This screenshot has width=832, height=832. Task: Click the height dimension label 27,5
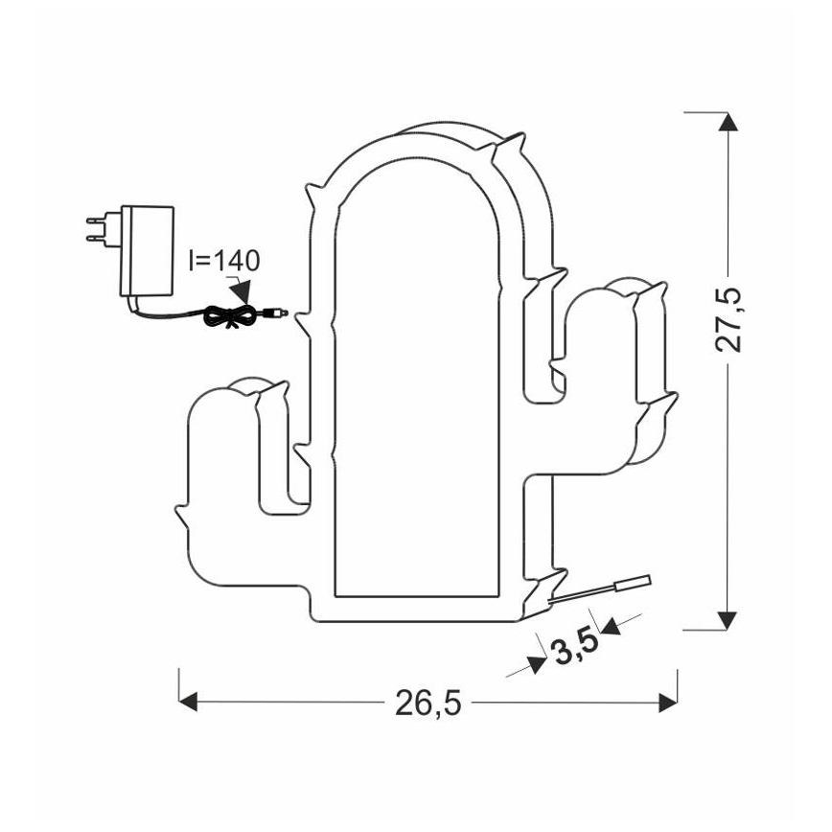pyautogui.click(x=730, y=319)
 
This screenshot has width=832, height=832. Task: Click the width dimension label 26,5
pyautogui.click(x=428, y=704)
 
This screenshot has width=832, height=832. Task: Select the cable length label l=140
pyautogui.click(x=223, y=260)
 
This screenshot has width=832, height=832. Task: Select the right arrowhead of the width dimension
pyautogui.click(x=668, y=704)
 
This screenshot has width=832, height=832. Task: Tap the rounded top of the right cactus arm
pyautogui.click(x=613, y=288)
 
